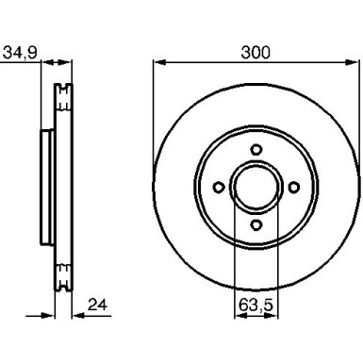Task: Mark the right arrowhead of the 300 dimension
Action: [x=354, y=63]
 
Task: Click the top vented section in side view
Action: [x=65, y=96]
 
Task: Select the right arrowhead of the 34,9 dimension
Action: [x=71, y=63]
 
